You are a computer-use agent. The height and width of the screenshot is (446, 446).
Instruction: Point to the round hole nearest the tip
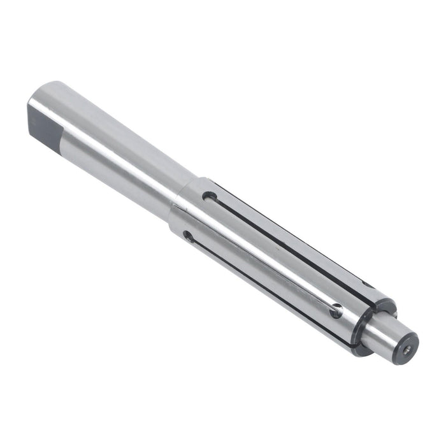[x=336, y=311]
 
